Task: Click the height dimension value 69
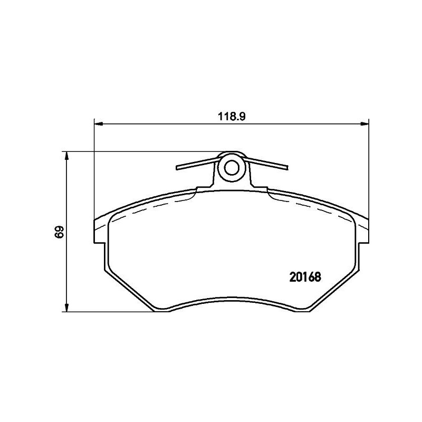[59, 232]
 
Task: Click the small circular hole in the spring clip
[232, 168]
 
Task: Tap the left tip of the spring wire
[178, 168]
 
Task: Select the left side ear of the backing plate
[100, 231]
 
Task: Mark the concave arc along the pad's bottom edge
[232, 299]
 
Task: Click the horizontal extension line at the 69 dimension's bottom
[105, 311]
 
